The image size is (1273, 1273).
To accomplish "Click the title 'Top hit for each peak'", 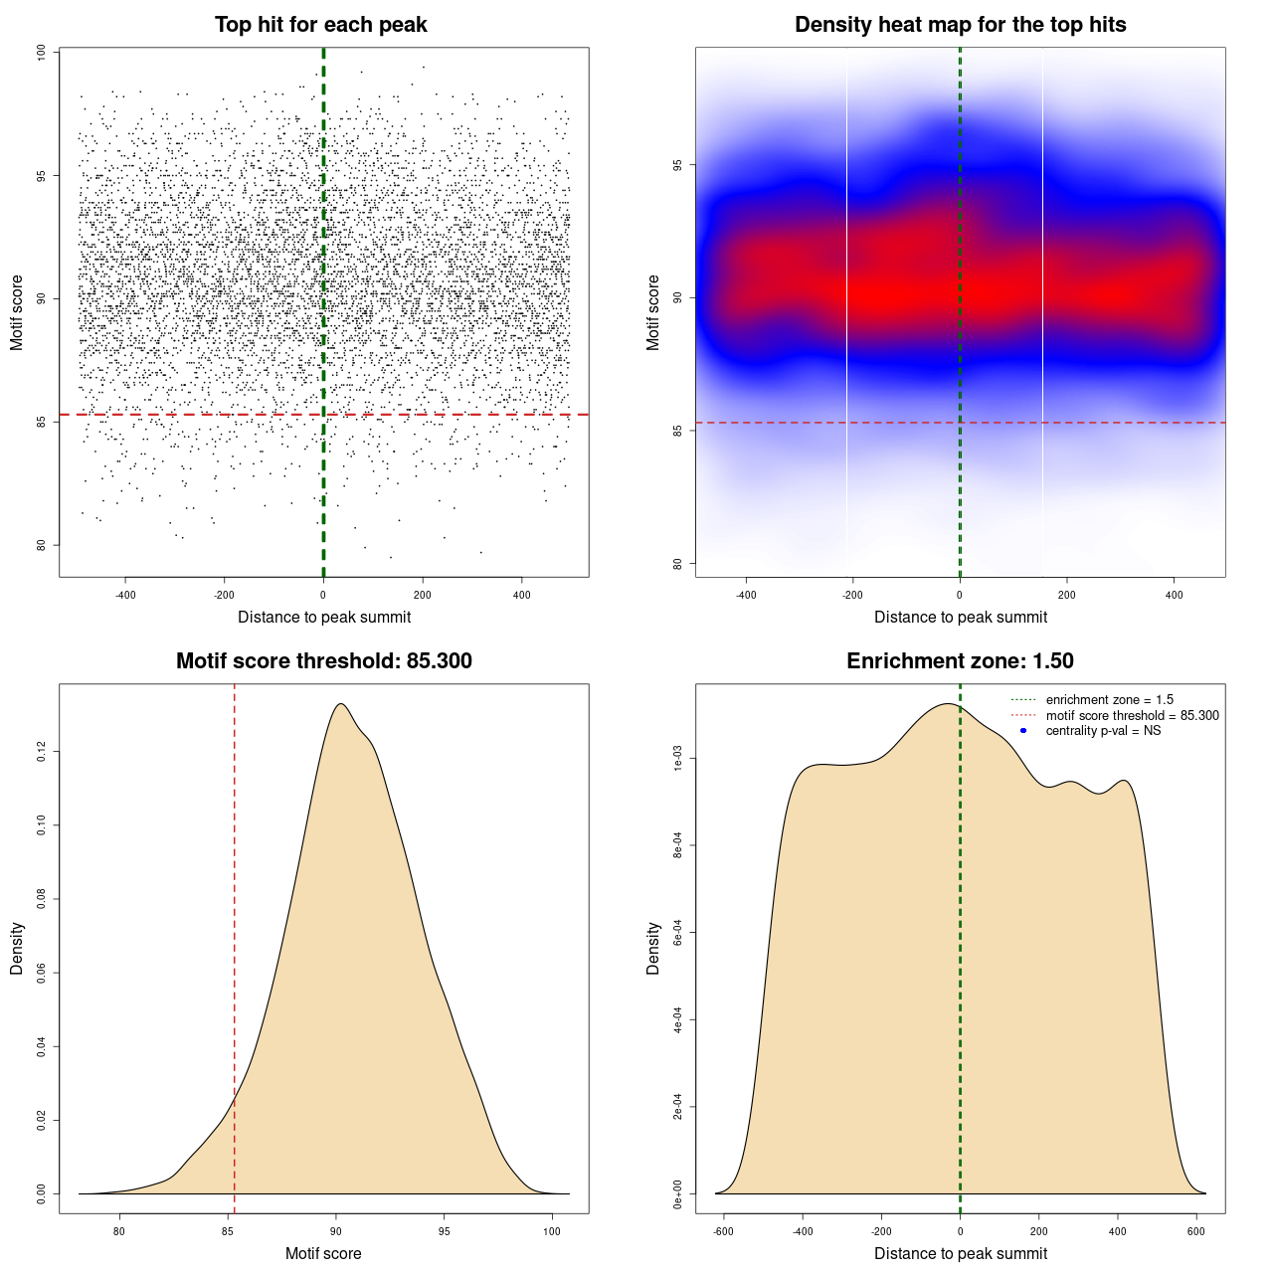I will click(x=320, y=25).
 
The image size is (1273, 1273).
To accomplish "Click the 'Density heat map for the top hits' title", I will click(x=960, y=25).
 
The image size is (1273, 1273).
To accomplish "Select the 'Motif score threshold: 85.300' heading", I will click(x=323, y=661).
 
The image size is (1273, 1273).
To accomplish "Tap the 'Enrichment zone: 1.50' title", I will click(x=960, y=661).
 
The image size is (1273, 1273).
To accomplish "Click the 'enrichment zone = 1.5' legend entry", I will click(x=1109, y=700).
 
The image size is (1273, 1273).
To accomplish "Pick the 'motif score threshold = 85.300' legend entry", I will click(x=1132, y=715).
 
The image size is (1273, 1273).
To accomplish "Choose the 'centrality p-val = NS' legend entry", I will click(x=1103, y=731).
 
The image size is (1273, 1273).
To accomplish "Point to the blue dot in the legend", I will click(x=1023, y=731).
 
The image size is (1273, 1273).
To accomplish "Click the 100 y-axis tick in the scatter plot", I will click(x=42, y=53).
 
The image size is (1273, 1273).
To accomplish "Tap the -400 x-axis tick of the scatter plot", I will click(x=125, y=595).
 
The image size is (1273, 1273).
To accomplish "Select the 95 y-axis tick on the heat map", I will click(x=678, y=165).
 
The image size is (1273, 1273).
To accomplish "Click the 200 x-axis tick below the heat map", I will click(x=1067, y=595).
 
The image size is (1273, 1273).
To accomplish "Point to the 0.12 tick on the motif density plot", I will click(x=42, y=752).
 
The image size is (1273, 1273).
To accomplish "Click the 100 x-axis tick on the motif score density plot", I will click(x=552, y=1231).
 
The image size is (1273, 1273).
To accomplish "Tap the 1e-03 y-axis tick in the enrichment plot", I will click(x=678, y=760).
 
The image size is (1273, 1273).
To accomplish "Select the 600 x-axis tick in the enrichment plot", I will click(x=1196, y=1231).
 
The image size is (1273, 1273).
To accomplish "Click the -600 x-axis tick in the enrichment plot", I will click(x=723, y=1231).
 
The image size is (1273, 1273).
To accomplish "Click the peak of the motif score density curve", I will click(x=341, y=704).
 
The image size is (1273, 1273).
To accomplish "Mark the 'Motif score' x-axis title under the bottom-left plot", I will click(x=323, y=1253).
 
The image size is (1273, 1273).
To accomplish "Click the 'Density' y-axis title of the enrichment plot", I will click(x=653, y=948).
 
